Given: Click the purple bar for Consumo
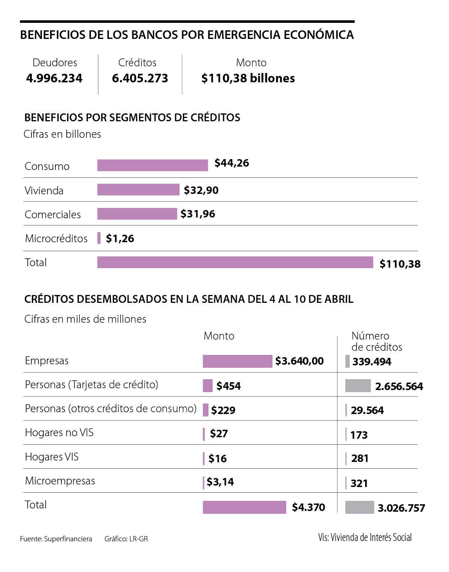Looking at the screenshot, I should point(152,165).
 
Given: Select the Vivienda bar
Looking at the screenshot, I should point(138,190).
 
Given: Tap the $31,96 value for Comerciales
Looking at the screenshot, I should point(198,214).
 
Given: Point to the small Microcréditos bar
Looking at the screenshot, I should point(99,238).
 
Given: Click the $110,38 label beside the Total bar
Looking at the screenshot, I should point(400,264).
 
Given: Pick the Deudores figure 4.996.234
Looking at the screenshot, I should point(54,78).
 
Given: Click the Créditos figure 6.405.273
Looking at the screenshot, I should point(140,78).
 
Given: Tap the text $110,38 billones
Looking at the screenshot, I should point(248,78).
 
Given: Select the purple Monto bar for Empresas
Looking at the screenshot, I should point(237,361).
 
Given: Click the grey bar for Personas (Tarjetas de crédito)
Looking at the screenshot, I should point(358,386).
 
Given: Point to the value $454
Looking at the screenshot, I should point(228,386).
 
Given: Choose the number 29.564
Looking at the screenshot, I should point(367,410).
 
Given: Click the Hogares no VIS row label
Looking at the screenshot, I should point(59,433).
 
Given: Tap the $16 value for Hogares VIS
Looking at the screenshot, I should point(217,459).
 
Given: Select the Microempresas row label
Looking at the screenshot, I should point(60,481).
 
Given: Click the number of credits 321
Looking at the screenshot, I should point(359,483).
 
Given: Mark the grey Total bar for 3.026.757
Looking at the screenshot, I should point(359,507).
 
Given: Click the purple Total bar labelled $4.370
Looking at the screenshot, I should point(244,507).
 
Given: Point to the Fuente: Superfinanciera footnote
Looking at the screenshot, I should point(56,539).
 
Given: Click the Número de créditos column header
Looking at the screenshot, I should point(376,341).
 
